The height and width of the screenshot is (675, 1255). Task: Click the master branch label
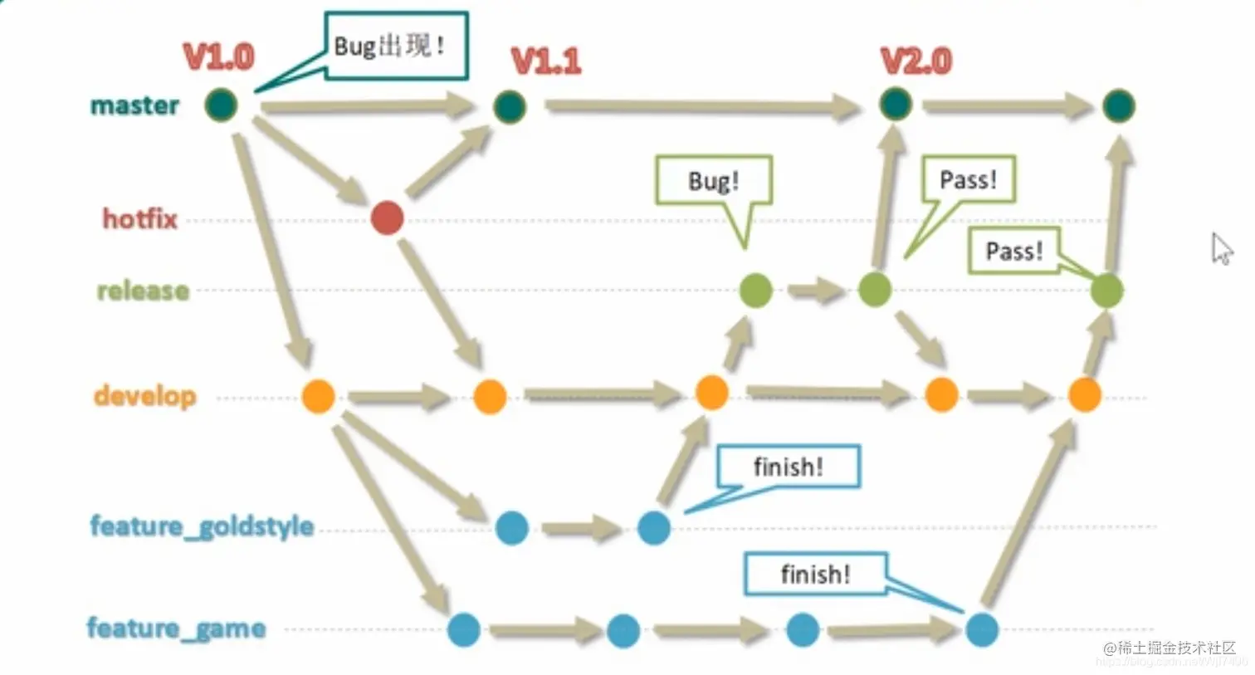134,105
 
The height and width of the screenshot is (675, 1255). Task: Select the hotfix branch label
140,218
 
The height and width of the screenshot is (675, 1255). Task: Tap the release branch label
143,291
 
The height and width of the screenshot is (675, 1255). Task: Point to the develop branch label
145,395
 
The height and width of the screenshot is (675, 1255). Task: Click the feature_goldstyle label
202,526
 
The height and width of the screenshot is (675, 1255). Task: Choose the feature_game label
176,628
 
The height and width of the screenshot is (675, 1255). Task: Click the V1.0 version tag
218,56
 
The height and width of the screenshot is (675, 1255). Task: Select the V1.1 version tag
545,61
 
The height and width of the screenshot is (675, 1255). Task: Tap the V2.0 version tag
916,61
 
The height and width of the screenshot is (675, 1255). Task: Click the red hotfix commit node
387,218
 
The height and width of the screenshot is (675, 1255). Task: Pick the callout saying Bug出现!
396,46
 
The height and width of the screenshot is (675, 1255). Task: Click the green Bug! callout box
713,180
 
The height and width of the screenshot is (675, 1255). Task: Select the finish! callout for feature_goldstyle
788,467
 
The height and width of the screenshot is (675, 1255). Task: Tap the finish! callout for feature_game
815,574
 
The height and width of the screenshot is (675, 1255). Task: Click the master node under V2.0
895,105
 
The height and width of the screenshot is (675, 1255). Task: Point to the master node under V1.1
509,107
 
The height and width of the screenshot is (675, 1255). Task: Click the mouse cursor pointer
1221,248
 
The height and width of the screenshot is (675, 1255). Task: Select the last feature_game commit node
982,629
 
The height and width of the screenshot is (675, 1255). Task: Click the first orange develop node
318,396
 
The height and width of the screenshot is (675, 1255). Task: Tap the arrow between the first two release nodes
815,291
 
